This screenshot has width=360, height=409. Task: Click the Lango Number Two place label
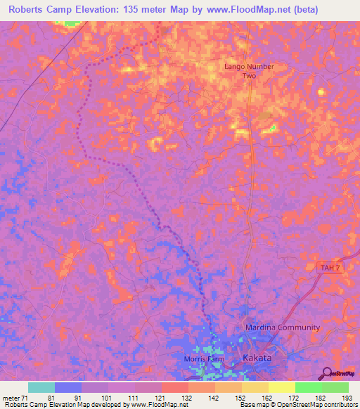click(248, 70)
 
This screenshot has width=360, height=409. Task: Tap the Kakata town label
click(256, 358)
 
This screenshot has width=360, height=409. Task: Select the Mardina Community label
click(282, 327)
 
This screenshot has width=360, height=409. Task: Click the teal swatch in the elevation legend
click(41, 387)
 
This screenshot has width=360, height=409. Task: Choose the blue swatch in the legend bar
click(68, 387)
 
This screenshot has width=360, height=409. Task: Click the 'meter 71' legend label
click(16, 397)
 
